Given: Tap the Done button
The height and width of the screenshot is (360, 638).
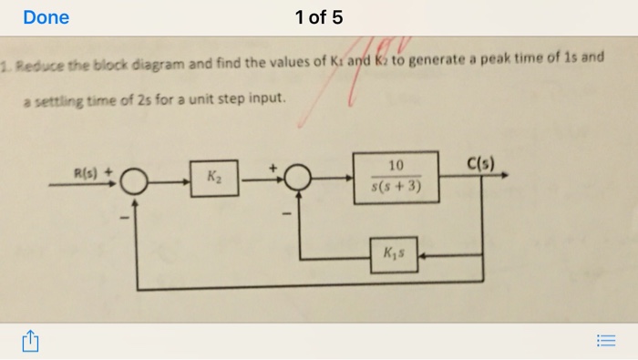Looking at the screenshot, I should coord(46,17).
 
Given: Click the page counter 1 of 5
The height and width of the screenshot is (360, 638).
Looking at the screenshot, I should coord(319,17).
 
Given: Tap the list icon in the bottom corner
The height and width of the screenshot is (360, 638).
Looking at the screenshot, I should coord(607,341).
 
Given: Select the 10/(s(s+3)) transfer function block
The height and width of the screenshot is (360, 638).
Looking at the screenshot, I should coord(395,176).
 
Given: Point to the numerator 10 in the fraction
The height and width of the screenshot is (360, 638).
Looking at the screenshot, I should coord(395,165).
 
